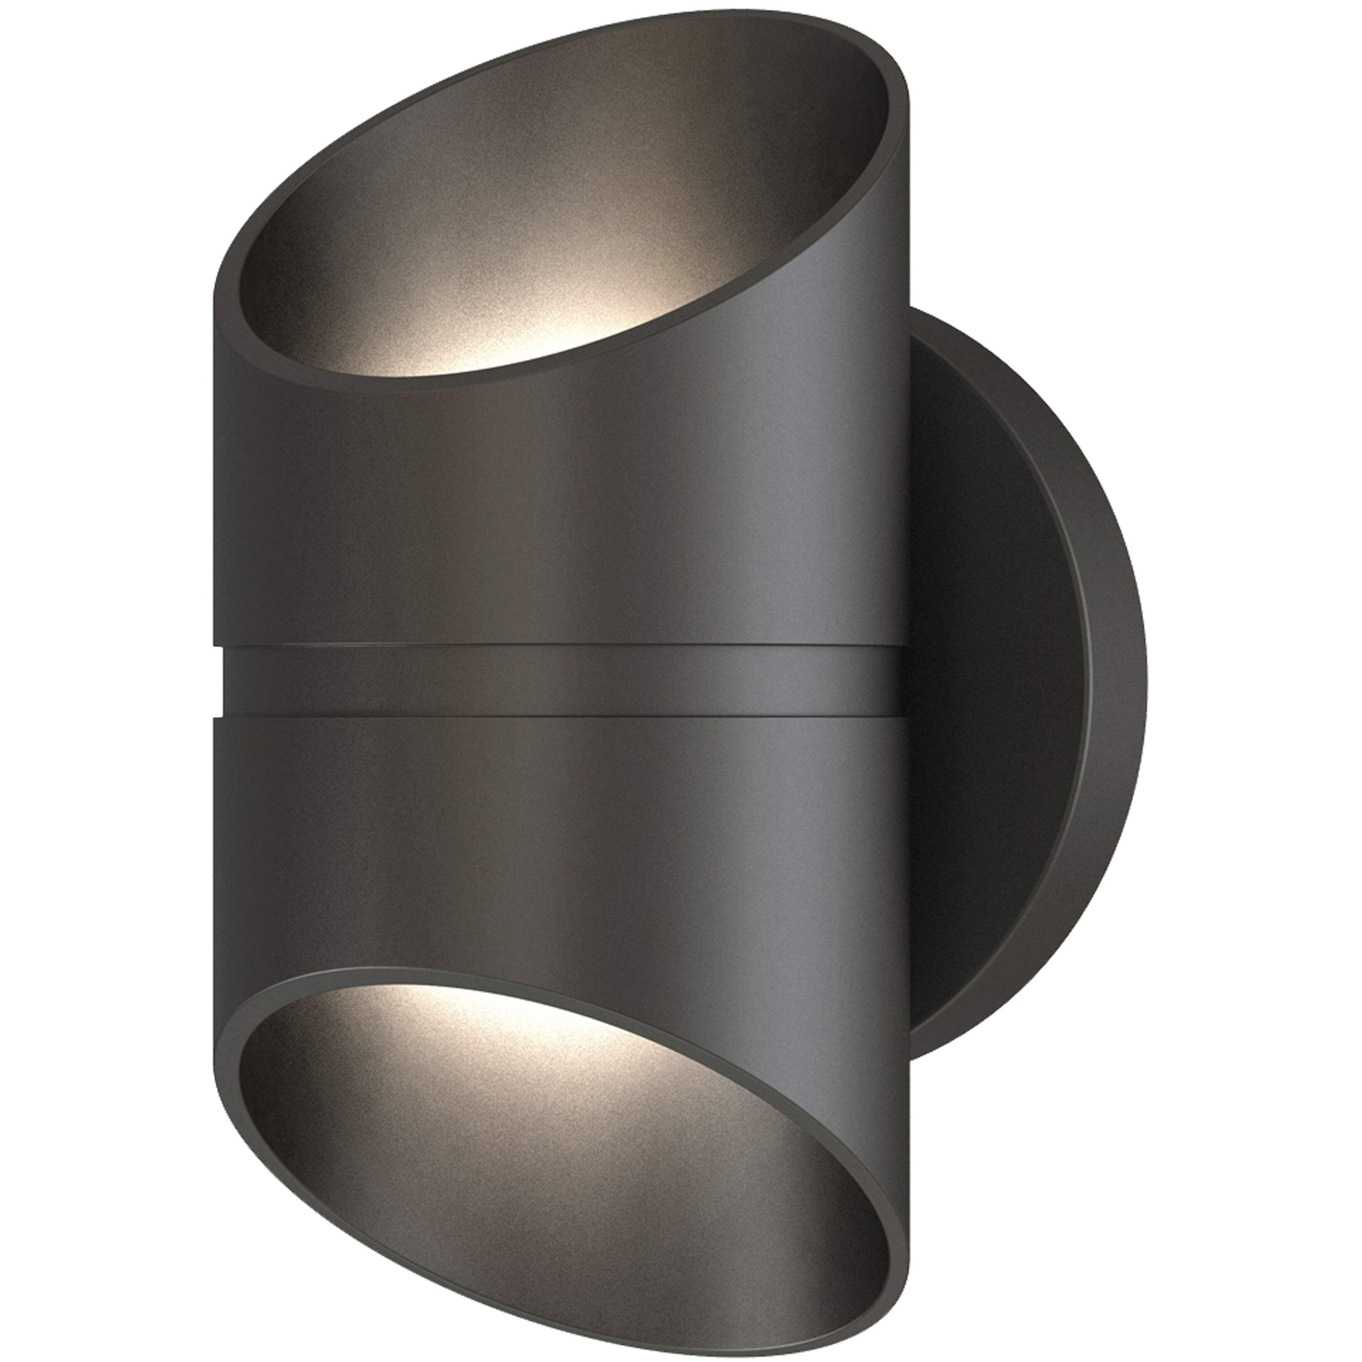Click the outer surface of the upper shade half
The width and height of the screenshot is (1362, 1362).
[564, 507]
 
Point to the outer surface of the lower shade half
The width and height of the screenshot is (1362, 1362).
[564, 846]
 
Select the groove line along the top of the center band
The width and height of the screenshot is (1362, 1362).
[564, 646]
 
